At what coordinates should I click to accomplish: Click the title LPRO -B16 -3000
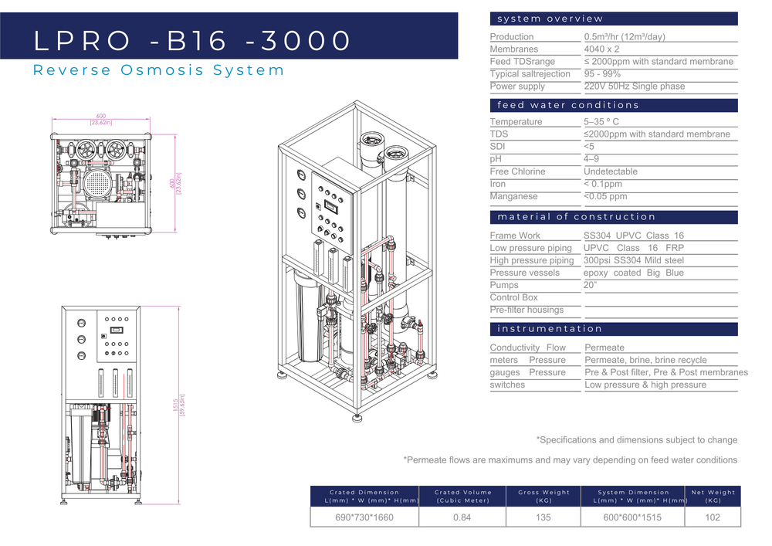coord(192,41)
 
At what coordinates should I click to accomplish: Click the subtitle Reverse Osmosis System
coord(158,70)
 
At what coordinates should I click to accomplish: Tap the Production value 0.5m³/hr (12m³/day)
coord(625,36)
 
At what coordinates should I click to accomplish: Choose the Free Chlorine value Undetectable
coord(611,171)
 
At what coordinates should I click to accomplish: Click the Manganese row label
coord(515,196)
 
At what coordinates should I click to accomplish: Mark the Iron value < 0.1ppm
coord(603,184)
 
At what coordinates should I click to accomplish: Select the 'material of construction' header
coord(576,217)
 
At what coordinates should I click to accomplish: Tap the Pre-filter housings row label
coord(527,310)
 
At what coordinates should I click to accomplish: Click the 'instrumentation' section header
coord(549,329)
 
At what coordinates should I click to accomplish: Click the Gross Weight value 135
coord(543,517)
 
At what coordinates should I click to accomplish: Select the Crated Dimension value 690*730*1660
coord(364,517)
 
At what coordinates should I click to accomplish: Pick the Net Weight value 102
coord(713,517)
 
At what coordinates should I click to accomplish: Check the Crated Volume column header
coord(463,496)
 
